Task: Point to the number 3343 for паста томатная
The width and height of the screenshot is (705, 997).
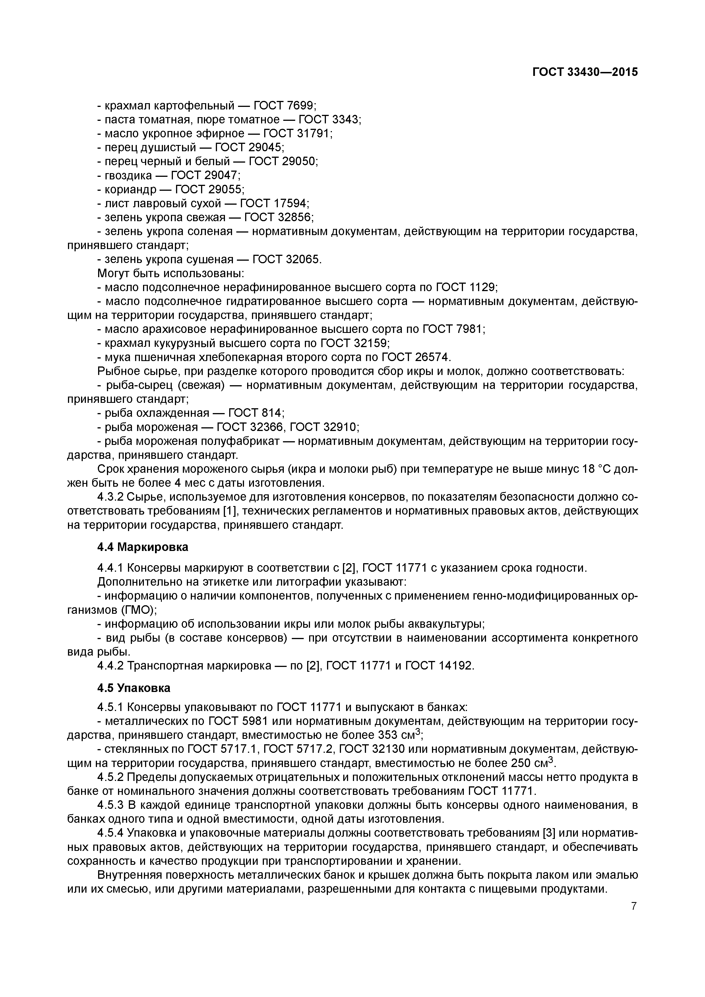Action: click(345, 119)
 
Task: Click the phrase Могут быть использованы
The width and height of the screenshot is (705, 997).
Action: click(171, 273)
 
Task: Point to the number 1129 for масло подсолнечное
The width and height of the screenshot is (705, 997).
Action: click(482, 287)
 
